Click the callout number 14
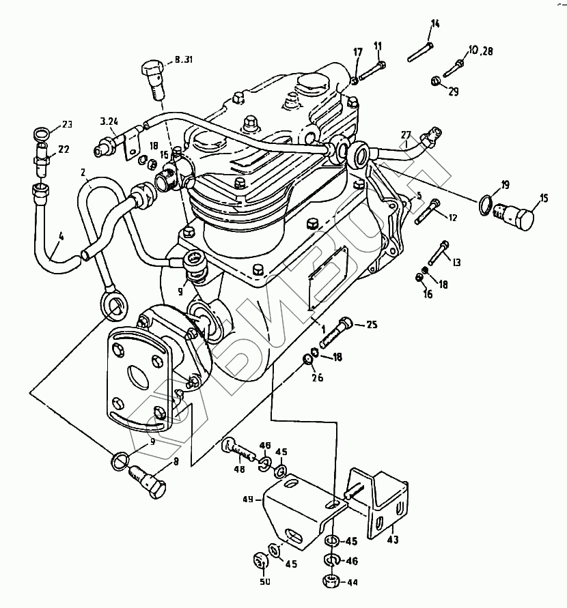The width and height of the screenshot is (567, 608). pos(435,26)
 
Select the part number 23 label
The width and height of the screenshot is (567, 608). pos(67,124)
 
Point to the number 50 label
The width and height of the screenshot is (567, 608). pos(264,581)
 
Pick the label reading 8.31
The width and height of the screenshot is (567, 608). pos(183,60)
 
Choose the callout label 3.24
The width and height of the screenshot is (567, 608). pos(109,122)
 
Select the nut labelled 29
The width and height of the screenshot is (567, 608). pos(435,83)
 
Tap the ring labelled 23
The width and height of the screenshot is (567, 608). pos(42,132)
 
